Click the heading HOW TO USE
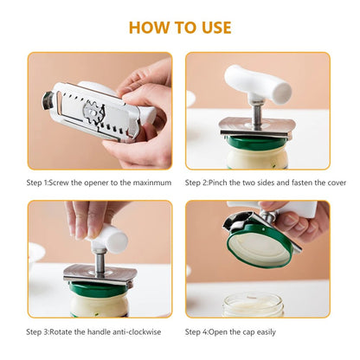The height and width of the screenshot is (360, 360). click(x=180, y=27)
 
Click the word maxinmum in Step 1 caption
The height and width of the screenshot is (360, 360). click(x=153, y=183)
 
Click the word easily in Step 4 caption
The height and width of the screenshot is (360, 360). click(x=281, y=331)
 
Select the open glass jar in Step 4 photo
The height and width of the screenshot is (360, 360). click(x=253, y=305)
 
